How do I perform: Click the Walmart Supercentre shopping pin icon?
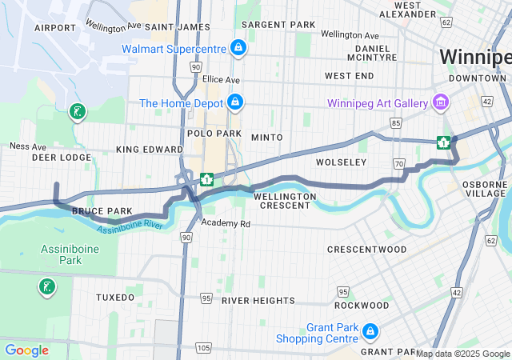coord(238,48)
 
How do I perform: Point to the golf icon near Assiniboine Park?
coord(46,286)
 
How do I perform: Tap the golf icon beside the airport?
coord(77,112)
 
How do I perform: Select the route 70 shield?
coord(398,163)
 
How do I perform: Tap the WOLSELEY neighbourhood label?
coord(341,162)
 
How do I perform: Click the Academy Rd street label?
coord(226,223)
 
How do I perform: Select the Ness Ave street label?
coord(27,146)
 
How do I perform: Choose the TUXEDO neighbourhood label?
coord(115,297)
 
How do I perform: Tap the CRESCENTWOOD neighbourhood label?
coord(366,250)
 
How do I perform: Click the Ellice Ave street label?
coord(221,80)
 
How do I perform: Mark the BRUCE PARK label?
coord(102,211)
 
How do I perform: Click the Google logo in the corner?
coord(26,350)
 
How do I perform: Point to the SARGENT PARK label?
coord(278,25)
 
